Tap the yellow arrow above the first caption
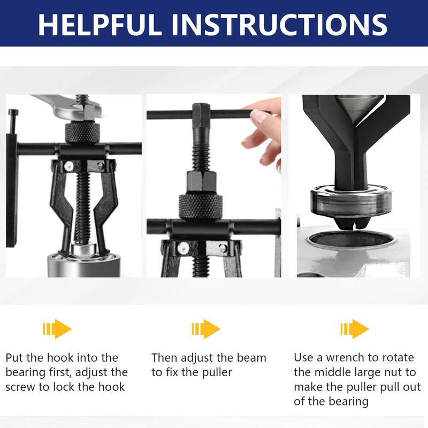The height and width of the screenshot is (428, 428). pyautogui.click(x=58, y=329)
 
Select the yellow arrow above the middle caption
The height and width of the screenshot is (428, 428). pyautogui.click(x=207, y=329)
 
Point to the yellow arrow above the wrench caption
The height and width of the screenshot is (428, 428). pyautogui.click(x=355, y=329)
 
